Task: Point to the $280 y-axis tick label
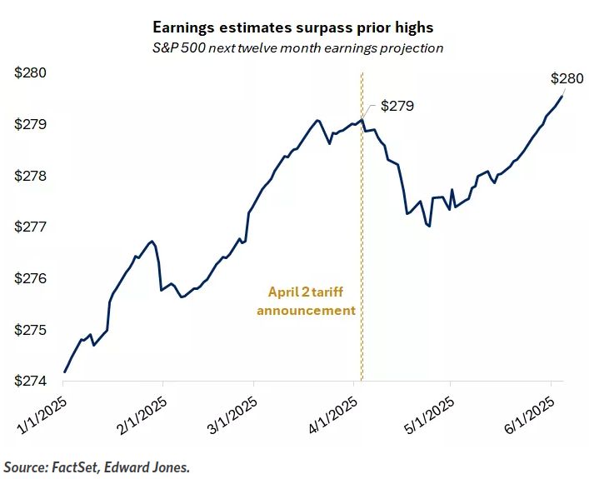[32, 73]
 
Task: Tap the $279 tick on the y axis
[32, 125]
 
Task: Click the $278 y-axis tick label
[32, 177]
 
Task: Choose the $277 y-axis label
[32, 227]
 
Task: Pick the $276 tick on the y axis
[32, 279]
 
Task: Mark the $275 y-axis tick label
[32, 331]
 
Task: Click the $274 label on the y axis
[32, 382]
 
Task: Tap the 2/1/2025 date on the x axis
[142, 412]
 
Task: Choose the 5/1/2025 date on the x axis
[429, 412]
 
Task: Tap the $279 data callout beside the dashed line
[397, 107]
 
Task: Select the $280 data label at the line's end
[567, 79]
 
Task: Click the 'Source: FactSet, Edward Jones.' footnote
[97, 466]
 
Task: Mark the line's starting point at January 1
[64, 372]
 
